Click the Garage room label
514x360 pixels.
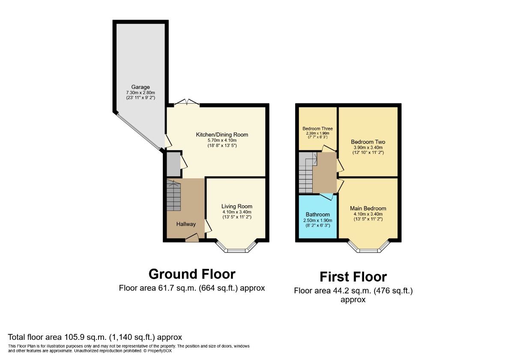(140, 87)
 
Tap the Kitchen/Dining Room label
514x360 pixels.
(222, 135)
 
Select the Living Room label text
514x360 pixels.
(237, 207)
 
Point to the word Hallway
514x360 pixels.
(186, 224)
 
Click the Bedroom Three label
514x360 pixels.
(317, 129)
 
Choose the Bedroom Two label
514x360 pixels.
(368, 142)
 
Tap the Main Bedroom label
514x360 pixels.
(368, 208)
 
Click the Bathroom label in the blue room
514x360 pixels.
(318, 214)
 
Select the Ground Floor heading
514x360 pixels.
(192, 274)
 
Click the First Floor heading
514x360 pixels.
(353, 277)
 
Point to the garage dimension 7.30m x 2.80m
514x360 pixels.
(140, 93)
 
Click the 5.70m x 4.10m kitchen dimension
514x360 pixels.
(222, 140)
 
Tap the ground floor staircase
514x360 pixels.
(174, 195)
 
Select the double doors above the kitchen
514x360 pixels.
(187, 102)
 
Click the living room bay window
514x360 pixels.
(236, 248)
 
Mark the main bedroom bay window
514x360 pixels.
(368, 248)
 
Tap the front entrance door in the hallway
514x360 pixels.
(192, 238)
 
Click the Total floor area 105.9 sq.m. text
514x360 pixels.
(95, 337)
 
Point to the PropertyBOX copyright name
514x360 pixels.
(159, 351)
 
